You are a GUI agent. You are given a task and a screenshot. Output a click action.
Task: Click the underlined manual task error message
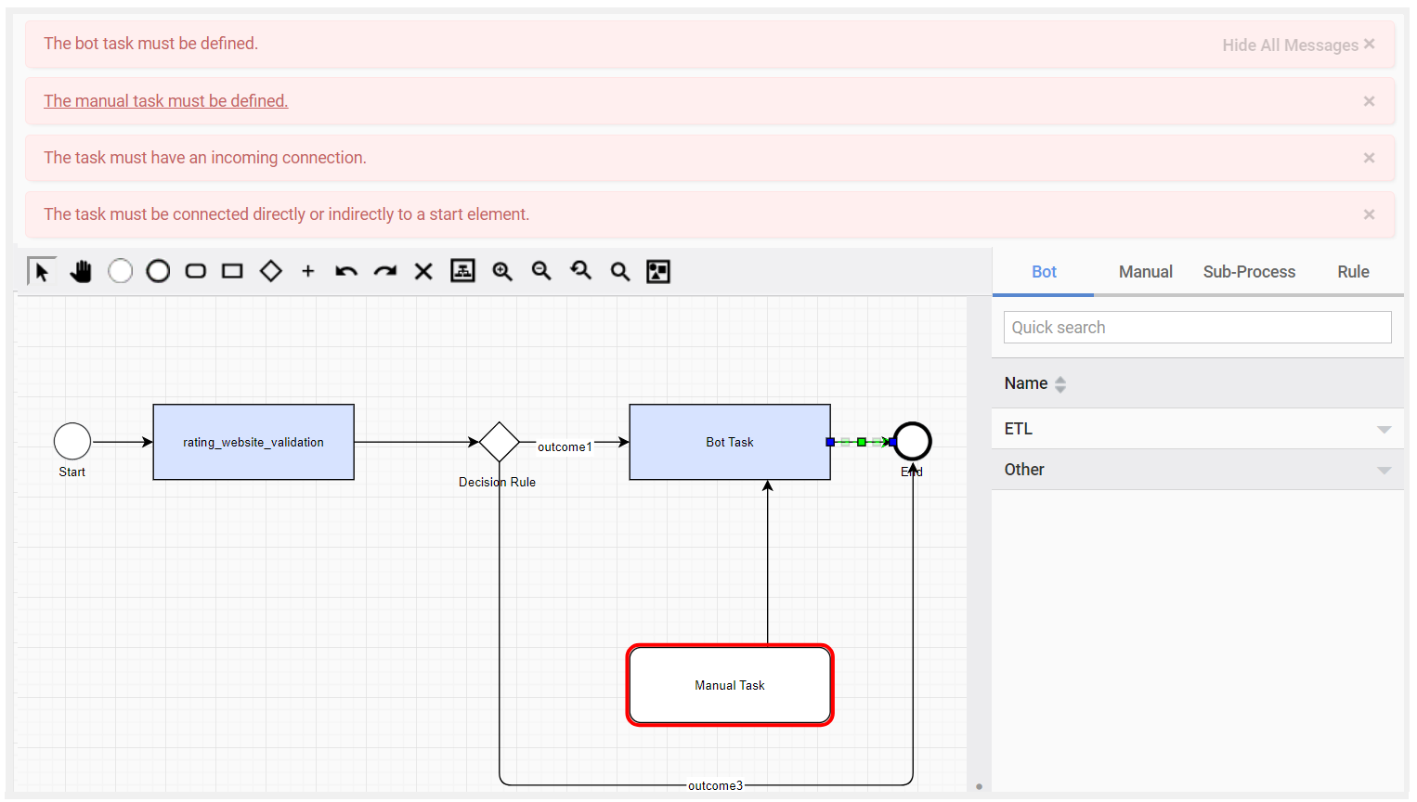click(165, 101)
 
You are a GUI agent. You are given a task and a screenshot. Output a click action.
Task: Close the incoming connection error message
click(1369, 158)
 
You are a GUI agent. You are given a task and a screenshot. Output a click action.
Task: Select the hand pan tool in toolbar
click(81, 271)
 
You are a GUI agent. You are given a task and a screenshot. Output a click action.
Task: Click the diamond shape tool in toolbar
click(271, 271)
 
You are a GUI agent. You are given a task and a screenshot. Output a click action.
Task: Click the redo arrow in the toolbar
click(384, 271)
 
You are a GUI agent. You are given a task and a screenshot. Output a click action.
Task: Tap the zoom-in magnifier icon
click(502, 271)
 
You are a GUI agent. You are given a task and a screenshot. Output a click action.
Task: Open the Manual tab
click(1146, 272)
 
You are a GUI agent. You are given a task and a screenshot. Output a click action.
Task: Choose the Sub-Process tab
click(1249, 272)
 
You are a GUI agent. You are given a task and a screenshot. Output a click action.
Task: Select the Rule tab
click(1353, 272)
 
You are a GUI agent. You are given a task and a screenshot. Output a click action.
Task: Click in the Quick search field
click(1197, 327)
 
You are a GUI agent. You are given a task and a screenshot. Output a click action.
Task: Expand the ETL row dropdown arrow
click(1384, 430)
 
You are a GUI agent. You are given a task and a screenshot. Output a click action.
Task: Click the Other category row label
click(1024, 470)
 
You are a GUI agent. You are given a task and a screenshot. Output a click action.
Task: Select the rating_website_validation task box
click(253, 442)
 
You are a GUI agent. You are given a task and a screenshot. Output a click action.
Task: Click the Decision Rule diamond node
click(500, 442)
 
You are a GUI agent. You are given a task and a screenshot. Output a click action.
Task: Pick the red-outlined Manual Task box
click(730, 685)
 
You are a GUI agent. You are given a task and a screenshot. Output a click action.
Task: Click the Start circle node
click(72, 442)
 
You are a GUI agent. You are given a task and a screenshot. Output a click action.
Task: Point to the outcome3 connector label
click(715, 785)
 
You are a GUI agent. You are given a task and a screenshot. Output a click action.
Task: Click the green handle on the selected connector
click(862, 442)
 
